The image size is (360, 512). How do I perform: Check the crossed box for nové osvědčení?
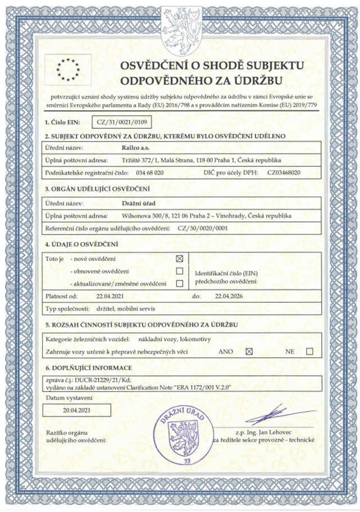[180, 259]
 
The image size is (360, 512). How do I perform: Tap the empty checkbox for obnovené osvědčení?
[180, 271]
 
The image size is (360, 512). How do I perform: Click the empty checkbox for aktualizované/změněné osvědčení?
[180, 283]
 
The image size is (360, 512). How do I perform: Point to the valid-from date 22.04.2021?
[109, 296]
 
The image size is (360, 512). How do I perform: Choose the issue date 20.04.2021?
[77, 411]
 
